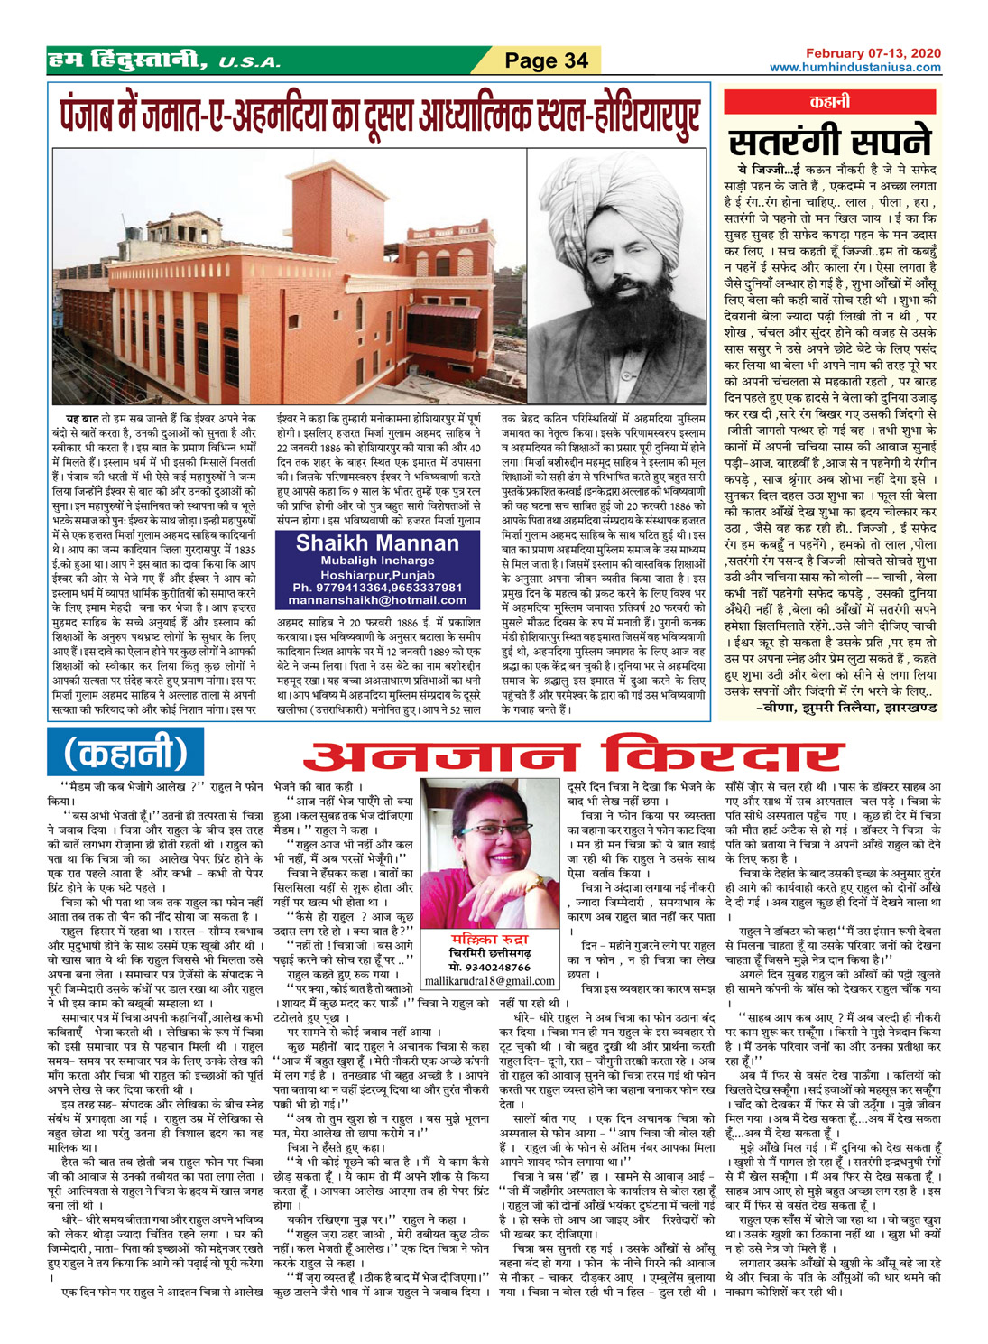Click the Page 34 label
point(547,60)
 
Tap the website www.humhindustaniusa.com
point(854,67)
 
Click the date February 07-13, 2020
point(873,54)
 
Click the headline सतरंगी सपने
point(829,141)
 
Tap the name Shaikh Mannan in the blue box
point(377,543)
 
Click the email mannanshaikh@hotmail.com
point(377,600)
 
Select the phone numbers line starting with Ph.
point(377,587)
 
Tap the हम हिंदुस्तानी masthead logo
point(130,60)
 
